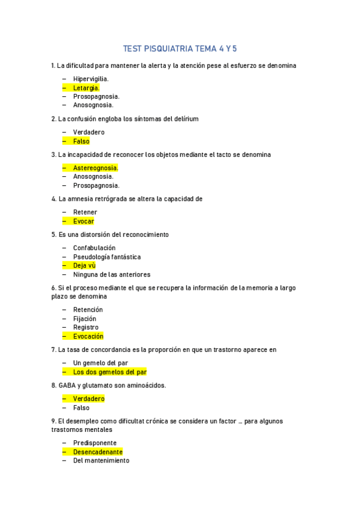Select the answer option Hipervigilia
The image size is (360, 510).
click(x=91, y=79)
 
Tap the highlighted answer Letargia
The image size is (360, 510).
click(x=86, y=88)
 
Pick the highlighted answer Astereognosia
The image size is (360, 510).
click(x=95, y=168)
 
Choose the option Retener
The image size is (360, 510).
click(x=85, y=212)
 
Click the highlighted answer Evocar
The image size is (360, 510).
click(x=84, y=221)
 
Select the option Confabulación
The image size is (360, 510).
click(x=94, y=248)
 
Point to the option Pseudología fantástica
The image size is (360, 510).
click(x=107, y=257)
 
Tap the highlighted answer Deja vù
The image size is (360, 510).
click(x=84, y=265)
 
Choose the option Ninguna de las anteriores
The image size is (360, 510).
click(x=111, y=274)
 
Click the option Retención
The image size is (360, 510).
click(x=88, y=310)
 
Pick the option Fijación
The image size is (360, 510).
click(x=85, y=319)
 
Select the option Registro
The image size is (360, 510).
click(x=86, y=327)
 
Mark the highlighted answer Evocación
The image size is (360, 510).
click(x=88, y=336)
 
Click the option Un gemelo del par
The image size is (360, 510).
click(x=100, y=363)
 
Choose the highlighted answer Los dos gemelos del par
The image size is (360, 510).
click(x=110, y=372)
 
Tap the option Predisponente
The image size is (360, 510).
click(x=95, y=443)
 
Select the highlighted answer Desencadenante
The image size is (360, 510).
click(x=98, y=452)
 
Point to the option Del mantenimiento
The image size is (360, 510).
click(x=101, y=461)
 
